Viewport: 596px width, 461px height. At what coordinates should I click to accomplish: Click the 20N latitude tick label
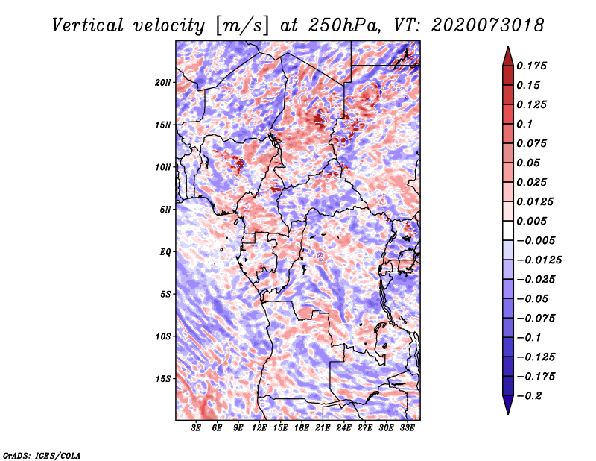pyautogui.click(x=163, y=83)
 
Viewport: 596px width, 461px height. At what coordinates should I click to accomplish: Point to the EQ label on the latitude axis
pyautogui.click(x=165, y=252)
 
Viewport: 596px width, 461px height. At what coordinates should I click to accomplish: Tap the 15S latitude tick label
pyautogui.click(x=163, y=379)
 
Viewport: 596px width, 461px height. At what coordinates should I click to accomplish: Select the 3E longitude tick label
pyautogui.click(x=196, y=428)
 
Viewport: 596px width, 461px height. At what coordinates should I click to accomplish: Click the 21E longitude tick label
pyautogui.click(x=323, y=428)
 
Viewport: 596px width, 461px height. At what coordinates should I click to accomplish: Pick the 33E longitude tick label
pyautogui.click(x=407, y=428)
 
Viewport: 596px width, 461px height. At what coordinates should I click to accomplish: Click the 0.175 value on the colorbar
pyautogui.click(x=531, y=66)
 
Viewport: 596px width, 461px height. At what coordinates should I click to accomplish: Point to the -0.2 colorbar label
pyautogui.click(x=529, y=396)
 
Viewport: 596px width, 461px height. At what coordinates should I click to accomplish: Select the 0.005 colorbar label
pyautogui.click(x=531, y=221)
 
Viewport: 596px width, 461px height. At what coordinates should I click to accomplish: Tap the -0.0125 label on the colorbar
pyautogui.click(x=539, y=260)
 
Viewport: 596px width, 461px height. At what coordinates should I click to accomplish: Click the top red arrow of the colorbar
pyautogui.click(x=508, y=56)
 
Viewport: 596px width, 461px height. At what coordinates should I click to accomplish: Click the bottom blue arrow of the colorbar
pyautogui.click(x=508, y=405)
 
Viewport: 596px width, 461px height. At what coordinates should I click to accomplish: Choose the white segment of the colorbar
pyautogui.click(x=508, y=230)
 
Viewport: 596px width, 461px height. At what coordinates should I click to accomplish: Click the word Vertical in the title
pyautogui.click(x=88, y=25)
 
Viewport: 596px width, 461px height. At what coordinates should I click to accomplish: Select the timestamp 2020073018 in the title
pyautogui.click(x=488, y=25)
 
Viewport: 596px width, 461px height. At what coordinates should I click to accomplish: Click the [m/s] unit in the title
pyautogui.click(x=241, y=26)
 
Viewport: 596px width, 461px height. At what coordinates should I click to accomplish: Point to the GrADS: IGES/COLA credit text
pyautogui.click(x=42, y=455)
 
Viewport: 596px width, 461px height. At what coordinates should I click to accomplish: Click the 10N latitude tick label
pyautogui.click(x=163, y=167)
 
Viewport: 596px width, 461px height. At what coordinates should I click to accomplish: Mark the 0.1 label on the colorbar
pyautogui.click(x=524, y=124)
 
